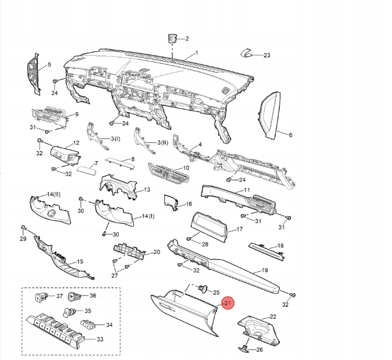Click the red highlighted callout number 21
pos(227,303)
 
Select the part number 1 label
pos(196,53)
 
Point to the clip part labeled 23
pos(248,53)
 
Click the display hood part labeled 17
pos(207,226)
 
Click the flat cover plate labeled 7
pos(85,170)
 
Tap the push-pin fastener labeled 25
pos(203,288)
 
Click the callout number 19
pos(264,271)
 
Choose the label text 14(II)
pos(54,194)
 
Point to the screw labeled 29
pos(23,227)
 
